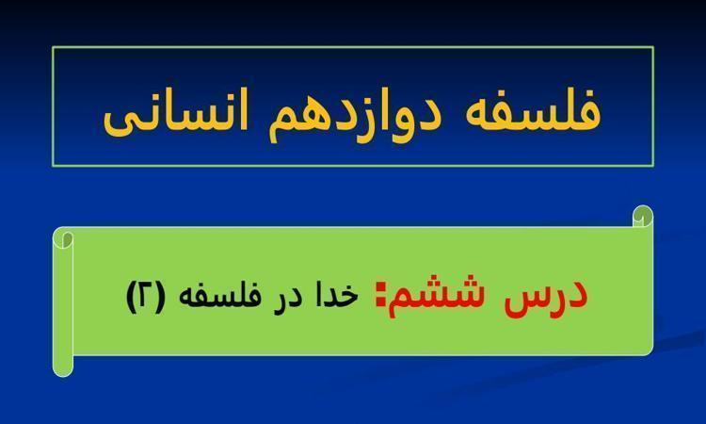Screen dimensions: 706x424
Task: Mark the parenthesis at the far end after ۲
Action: click(132, 297)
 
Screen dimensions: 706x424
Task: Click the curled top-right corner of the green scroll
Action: click(643, 217)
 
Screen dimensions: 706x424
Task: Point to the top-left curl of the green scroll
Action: click(63, 237)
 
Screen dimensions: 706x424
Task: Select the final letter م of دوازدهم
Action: click(282, 125)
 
